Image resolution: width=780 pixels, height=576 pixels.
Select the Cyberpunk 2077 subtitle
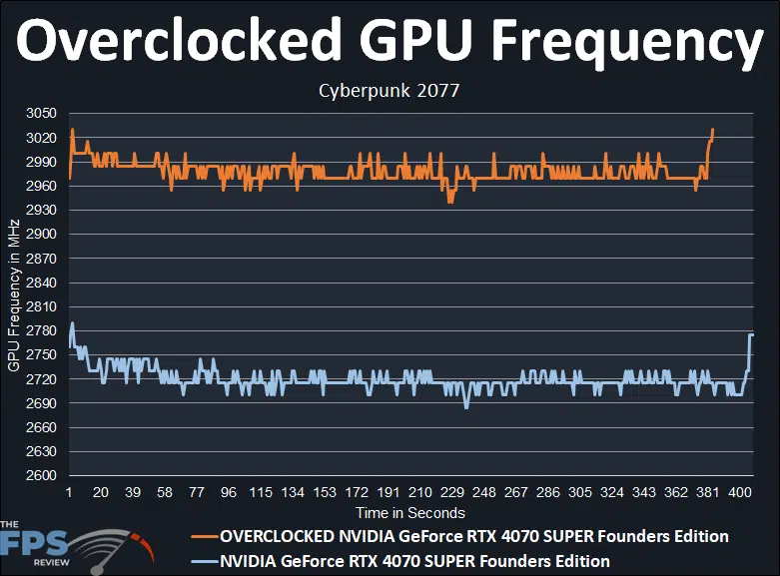coord(389,91)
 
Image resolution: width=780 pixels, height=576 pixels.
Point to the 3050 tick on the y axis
coord(43,114)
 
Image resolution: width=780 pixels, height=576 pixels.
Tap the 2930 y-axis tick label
coord(43,211)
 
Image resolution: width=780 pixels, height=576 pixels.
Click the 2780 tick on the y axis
coord(43,331)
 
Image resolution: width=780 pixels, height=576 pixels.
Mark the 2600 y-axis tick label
coord(43,476)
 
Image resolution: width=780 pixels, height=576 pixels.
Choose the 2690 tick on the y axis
coord(43,403)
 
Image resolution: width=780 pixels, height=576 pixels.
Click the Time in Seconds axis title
coord(409,512)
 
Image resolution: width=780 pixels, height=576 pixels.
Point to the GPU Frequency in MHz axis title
coord(14,295)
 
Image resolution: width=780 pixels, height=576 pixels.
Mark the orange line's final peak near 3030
coord(712,130)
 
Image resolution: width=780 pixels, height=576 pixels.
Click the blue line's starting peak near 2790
coord(72,323)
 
